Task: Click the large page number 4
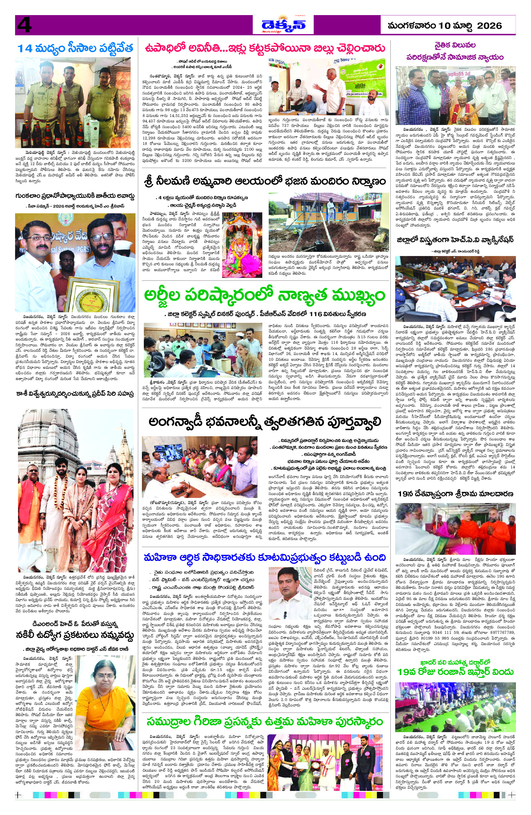pyautogui.click(x=24, y=25)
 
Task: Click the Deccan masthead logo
pyautogui.click(x=283, y=25)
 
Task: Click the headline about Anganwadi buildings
pyautogui.click(x=265, y=422)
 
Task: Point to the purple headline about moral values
pyautogui.click(x=455, y=51)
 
